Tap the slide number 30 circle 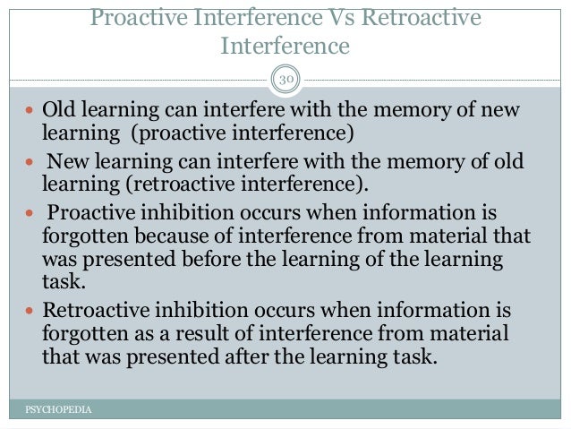click(x=285, y=81)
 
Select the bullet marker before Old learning click(x=30, y=111)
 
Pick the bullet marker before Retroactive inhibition click(x=30, y=312)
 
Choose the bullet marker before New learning click(x=30, y=161)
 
